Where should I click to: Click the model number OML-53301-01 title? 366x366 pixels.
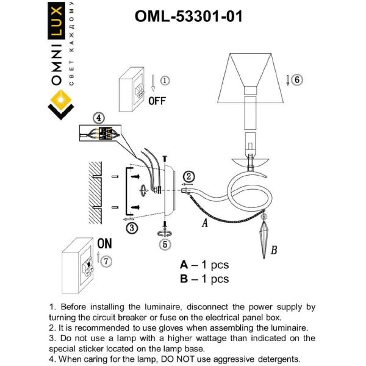pos(188,16)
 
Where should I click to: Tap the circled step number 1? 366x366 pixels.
pos(165,80)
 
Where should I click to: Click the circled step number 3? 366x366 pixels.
pos(131,228)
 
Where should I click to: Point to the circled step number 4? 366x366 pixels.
pos(99,118)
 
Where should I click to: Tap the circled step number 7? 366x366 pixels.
pos(107,261)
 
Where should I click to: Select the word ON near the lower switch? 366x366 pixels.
pos(105,243)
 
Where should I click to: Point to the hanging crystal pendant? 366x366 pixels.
pos(264,234)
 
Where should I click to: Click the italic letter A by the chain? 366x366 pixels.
pos(205,224)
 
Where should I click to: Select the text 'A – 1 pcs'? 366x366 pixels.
pos(204,265)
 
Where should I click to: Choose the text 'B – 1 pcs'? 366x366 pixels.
pos(204,279)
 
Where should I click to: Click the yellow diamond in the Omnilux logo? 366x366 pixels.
pos(60,98)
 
